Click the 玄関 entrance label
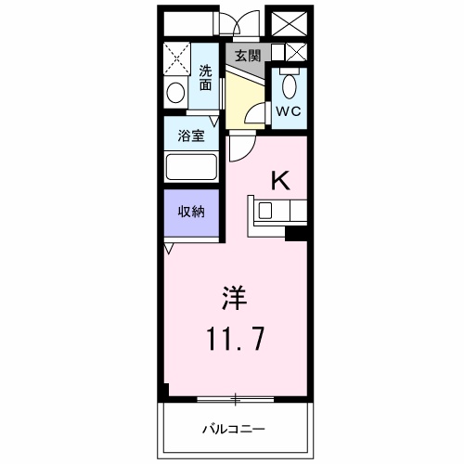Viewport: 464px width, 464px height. tap(246, 55)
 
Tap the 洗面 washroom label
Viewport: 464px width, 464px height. tap(205, 75)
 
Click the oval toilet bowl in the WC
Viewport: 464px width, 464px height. tap(289, 87)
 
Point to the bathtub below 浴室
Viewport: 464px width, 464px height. tap(191, 168)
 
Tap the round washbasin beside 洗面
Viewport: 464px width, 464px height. tap(174, 93)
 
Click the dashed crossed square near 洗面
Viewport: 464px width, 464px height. tap(176, 58)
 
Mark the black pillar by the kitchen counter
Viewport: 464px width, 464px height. tap(296, 233)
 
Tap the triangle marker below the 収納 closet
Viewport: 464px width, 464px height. tap(168, 249)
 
